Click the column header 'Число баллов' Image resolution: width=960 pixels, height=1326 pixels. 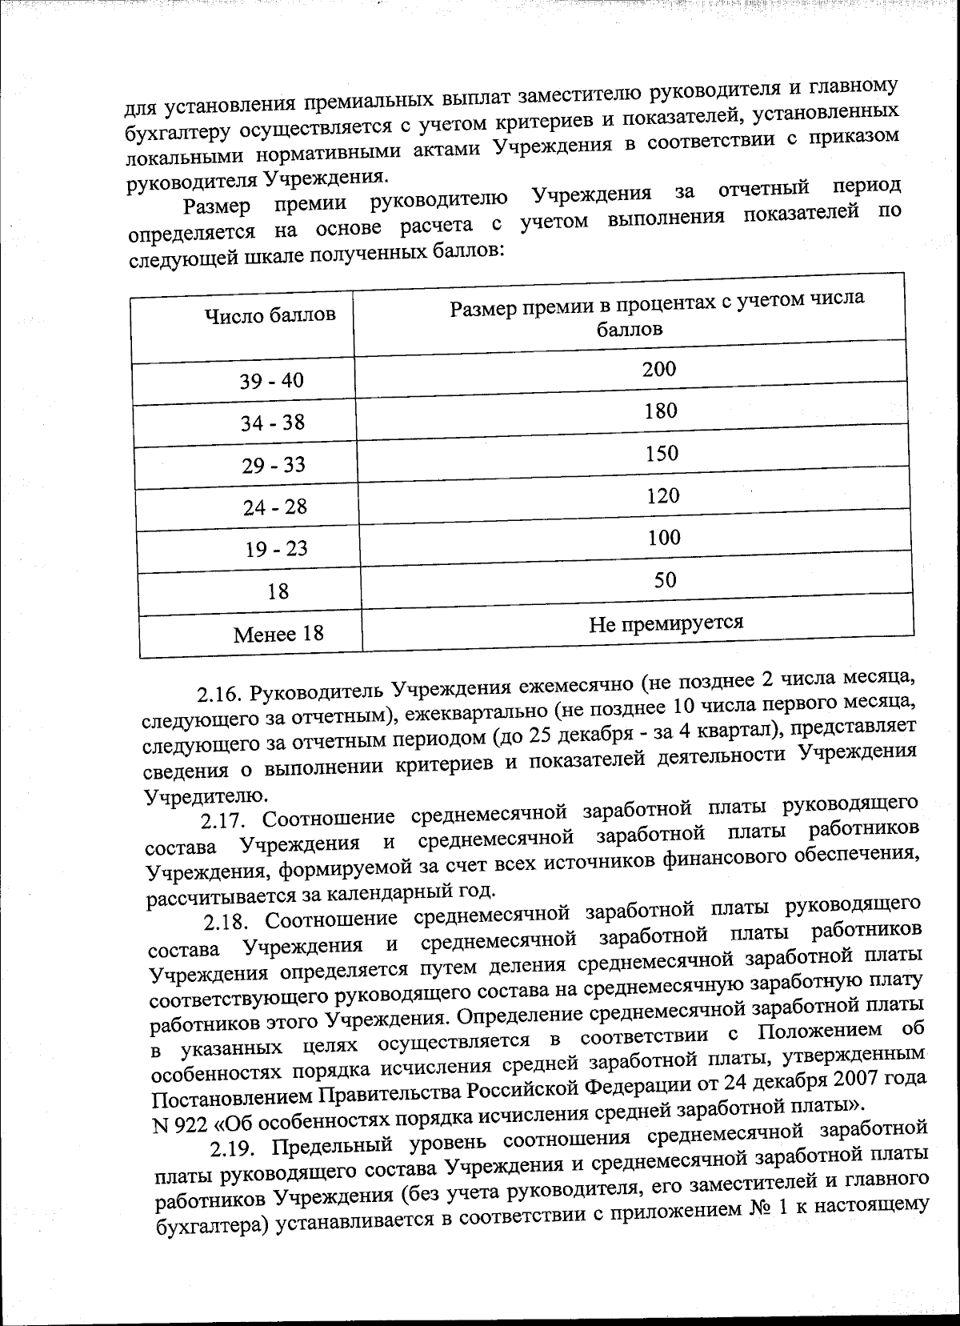point(270,315)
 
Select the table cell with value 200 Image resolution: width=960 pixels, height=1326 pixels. point(658,369)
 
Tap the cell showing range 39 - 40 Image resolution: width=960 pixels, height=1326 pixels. point(272,381)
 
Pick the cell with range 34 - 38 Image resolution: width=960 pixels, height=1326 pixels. point(273,423)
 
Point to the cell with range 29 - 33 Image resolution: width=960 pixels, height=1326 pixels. point(274,465)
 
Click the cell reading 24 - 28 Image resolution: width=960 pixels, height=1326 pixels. point(274,507)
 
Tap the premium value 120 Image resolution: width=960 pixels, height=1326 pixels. point(662,496)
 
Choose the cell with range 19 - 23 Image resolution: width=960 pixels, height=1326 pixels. point(276,549)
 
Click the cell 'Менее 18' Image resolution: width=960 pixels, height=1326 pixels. point(278,635)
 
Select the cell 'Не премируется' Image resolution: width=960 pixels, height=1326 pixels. point(666,623)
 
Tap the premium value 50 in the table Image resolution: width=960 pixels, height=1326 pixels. point(666,580)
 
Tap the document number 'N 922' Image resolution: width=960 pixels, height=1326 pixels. point(178,1124)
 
